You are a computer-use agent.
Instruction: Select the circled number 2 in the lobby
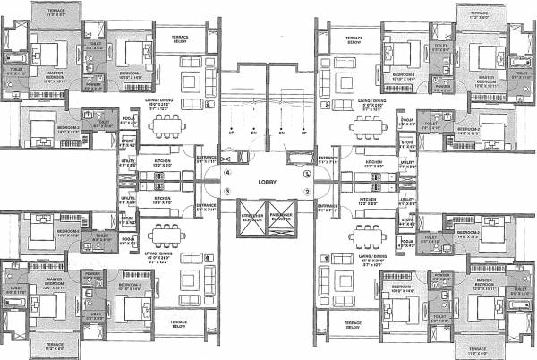tap(306, 191)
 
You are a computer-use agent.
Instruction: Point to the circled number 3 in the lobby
tap(228, 191)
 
